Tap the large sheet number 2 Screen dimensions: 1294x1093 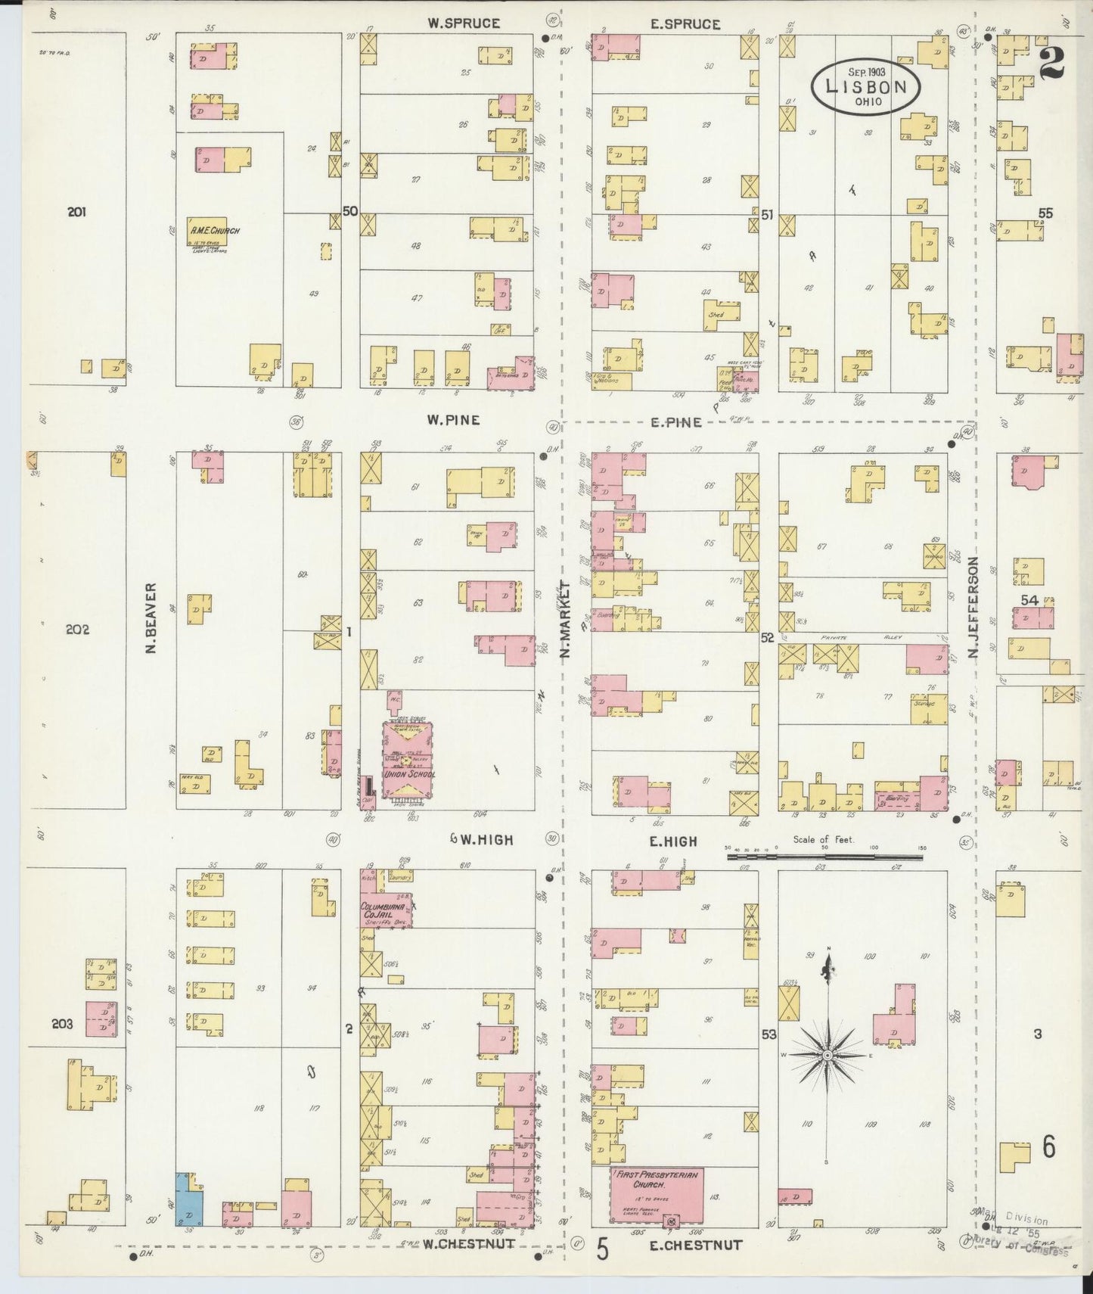click(1051, 62)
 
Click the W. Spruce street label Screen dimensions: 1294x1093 click(463, 23)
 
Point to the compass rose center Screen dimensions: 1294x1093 click(828, 1054)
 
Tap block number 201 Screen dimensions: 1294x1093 click(76, 212)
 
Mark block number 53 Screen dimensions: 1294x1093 click(769, 1034)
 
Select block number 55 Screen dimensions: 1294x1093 click(1045, 213)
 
